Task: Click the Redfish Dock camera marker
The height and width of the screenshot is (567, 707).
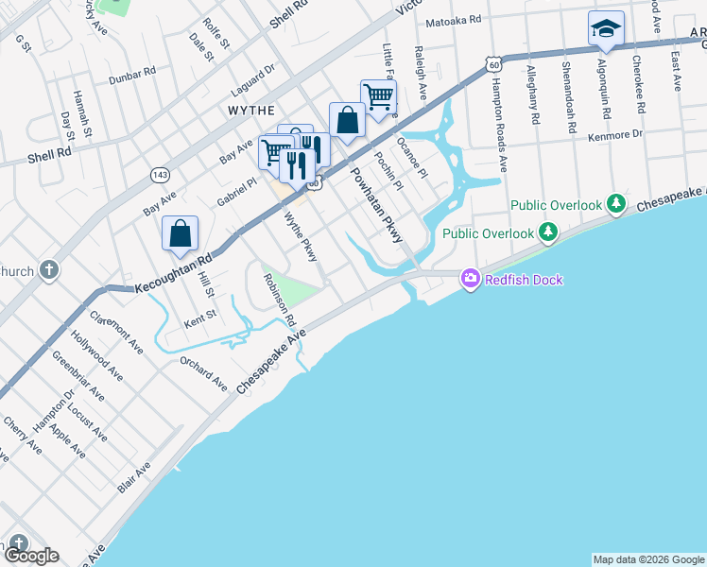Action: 471,279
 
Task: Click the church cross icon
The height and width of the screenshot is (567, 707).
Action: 50,271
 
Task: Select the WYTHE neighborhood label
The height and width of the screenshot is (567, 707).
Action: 251,111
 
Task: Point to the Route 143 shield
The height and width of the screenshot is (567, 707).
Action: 159,176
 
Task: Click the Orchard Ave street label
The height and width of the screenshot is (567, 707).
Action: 203,374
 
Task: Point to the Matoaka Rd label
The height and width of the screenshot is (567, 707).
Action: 454,19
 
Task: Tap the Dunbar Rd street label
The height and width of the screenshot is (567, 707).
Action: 131,74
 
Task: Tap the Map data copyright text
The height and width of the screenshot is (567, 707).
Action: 648,559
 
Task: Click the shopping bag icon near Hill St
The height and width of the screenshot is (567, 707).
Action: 180,233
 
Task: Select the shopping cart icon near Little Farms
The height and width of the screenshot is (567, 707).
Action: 377,95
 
